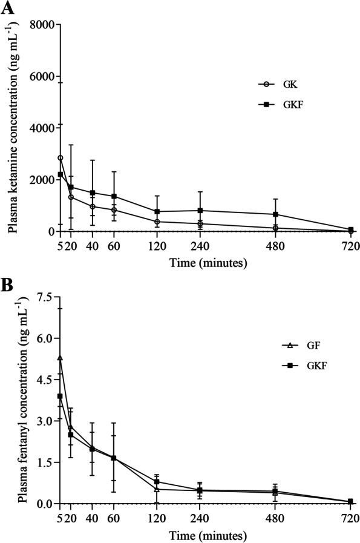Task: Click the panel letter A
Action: [7, 8]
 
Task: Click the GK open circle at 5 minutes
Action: [60, 158]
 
